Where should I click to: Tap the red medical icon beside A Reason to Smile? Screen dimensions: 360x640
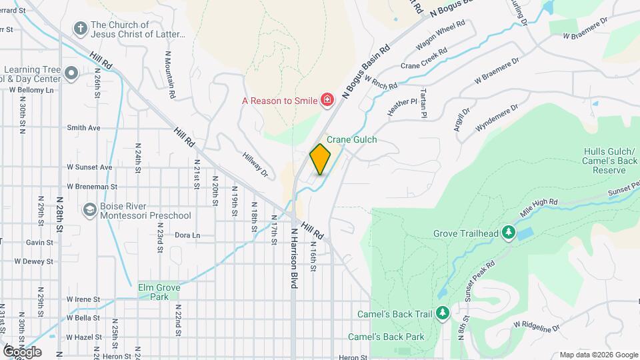point(327,101)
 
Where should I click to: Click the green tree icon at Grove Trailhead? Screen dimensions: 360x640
point(509,233)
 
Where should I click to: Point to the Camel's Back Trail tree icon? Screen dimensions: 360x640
point(442,313)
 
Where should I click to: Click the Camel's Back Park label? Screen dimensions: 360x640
point(386,337)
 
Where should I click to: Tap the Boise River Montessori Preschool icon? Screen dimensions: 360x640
point(89,211)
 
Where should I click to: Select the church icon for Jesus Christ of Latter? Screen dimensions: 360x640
point(80,29)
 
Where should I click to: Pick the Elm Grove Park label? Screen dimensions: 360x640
point(153,291)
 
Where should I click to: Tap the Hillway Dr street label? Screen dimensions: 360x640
point(255,164)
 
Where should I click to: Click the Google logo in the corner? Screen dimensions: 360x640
point(22,352)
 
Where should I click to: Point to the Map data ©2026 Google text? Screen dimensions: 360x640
point(598,355)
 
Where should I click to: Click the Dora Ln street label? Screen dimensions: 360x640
point(187,235)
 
